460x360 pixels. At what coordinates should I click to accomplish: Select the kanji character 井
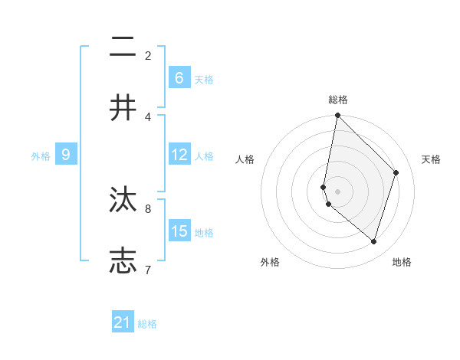coord(123,108)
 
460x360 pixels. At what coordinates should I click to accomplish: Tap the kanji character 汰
coord(123,200)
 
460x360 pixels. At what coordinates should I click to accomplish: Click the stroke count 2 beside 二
coord(148,55)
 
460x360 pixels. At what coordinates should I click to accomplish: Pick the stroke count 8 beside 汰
coord(148,208)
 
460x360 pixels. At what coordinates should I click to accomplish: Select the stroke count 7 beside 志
coord(148,269)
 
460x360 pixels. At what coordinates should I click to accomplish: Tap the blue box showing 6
coord(179,77)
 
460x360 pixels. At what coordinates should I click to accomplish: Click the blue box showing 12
coord(179,155)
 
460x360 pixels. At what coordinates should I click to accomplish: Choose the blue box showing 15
coord(179,231)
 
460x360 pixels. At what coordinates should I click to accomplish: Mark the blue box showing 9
coord(66,155)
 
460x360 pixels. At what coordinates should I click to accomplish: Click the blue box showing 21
coord(123,322)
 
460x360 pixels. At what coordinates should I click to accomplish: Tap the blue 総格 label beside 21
coord(147,324)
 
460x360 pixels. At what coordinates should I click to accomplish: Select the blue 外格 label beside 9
coord(41,156)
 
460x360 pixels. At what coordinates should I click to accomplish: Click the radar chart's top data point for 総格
coord(337,115)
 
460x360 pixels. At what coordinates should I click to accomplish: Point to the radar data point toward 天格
coord(396,172)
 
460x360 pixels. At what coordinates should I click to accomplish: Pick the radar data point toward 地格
coord(373,241)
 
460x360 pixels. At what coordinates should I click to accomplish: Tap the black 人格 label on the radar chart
coord(245,159)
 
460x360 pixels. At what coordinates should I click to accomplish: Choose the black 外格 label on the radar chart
coord(269,262)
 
